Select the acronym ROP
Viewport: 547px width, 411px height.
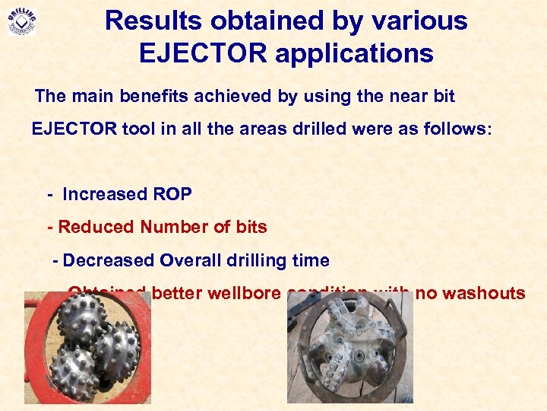point(172,194)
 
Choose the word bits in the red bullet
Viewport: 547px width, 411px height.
point(251,227)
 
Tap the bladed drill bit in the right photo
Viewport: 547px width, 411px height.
point(349,346)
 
